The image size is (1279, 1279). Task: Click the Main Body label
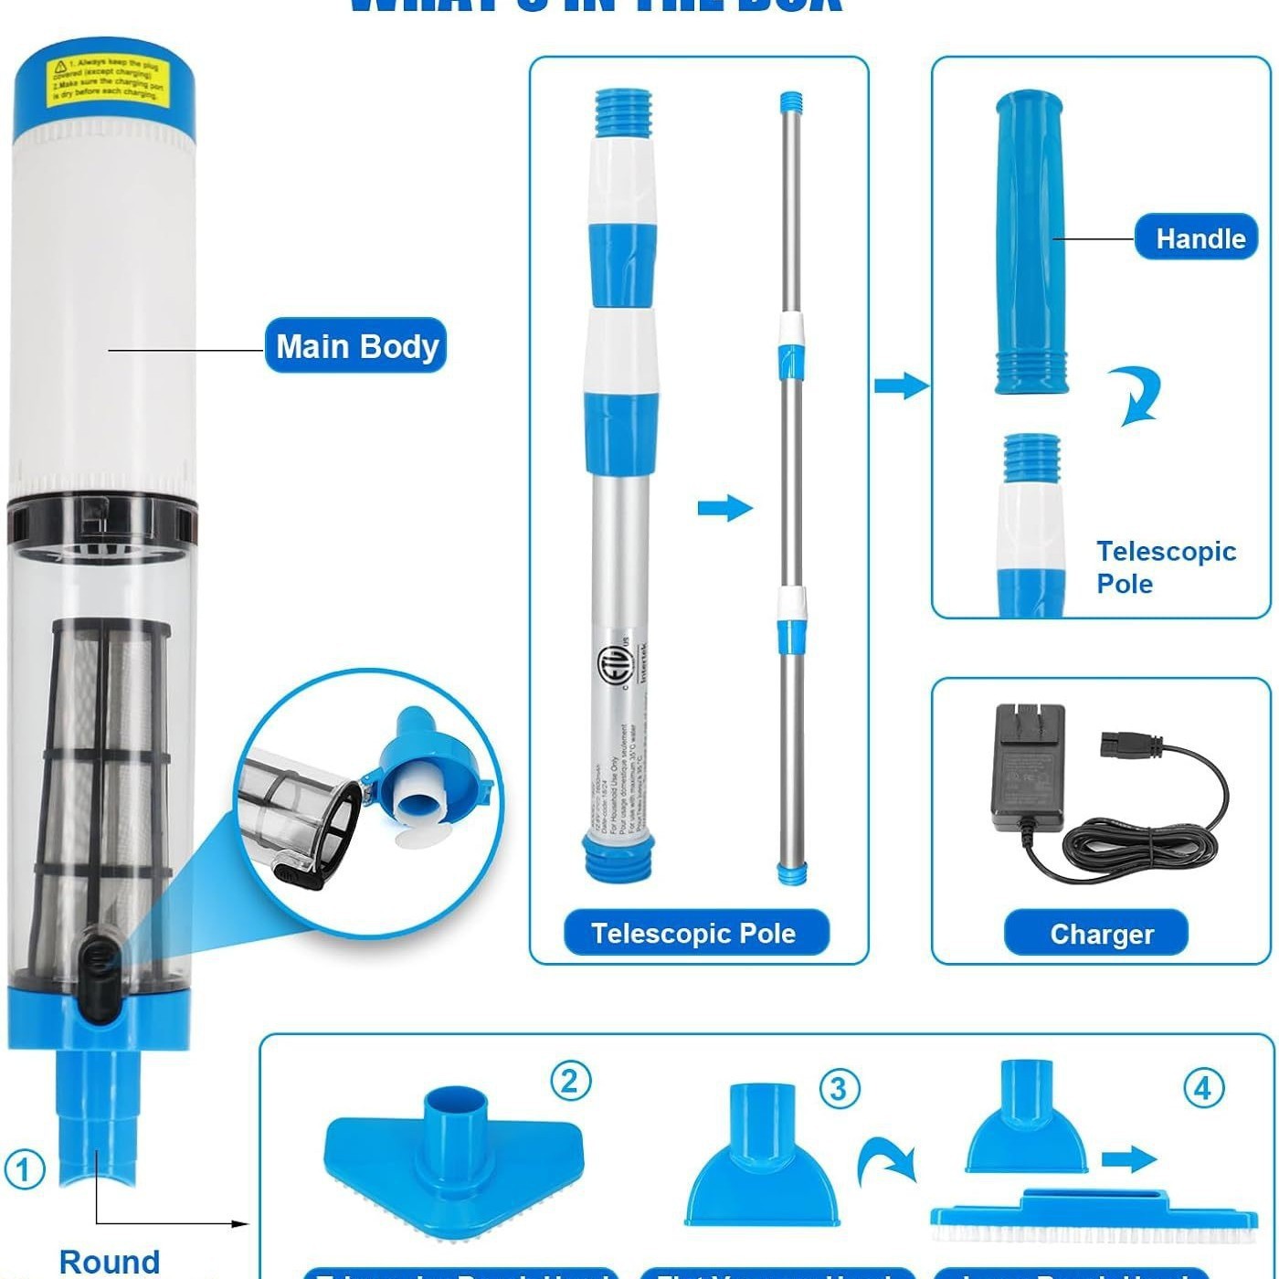355,345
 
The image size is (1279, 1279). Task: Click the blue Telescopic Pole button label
694,932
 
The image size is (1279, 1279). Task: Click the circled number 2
570,1081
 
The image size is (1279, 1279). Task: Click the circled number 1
24,1169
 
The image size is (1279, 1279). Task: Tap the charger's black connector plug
1131,745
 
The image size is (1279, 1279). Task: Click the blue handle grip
1031,242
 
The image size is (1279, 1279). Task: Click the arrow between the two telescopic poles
724,508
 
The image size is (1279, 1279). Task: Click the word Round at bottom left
110,1261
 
